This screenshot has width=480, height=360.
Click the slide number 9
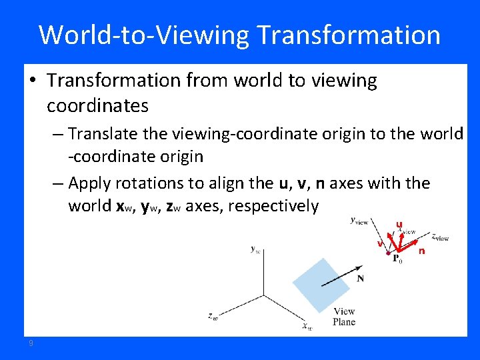31,343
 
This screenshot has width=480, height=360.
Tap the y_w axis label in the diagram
255,249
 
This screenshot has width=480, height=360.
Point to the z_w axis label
212,317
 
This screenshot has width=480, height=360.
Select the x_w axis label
307,327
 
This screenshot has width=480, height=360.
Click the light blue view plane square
319,283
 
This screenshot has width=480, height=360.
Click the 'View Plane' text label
344,317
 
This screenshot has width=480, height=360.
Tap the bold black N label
360,278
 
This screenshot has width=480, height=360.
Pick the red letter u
399,225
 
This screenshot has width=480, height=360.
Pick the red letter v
379,243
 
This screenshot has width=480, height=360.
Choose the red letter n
421,251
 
